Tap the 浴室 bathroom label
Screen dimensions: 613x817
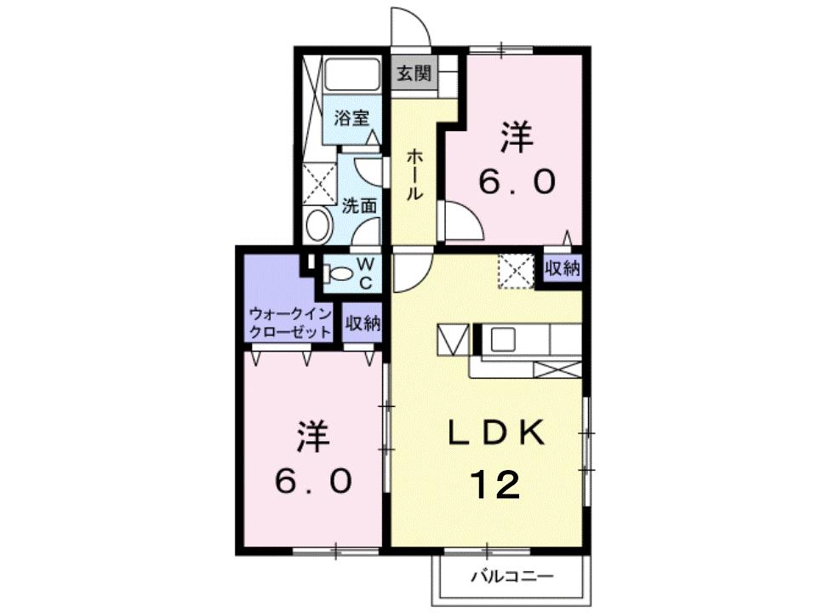pyautogui.click(x=351, y=118)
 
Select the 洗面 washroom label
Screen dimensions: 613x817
pyautogui.click(x=359, y=205)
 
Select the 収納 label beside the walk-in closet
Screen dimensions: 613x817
pyautogui.click(x=363, y=323)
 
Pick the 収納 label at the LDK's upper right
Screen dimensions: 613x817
pyautogui.click(x=563, y=268)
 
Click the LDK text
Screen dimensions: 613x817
pyautogui.click(x=496, y=433)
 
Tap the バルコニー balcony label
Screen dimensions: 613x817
pyautogui.click(x=512, y=576)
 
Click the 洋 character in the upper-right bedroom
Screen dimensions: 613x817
pyautogui.click(x=517, y=138)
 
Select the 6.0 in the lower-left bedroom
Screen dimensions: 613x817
pyautogui.click(x=313, y=482)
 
